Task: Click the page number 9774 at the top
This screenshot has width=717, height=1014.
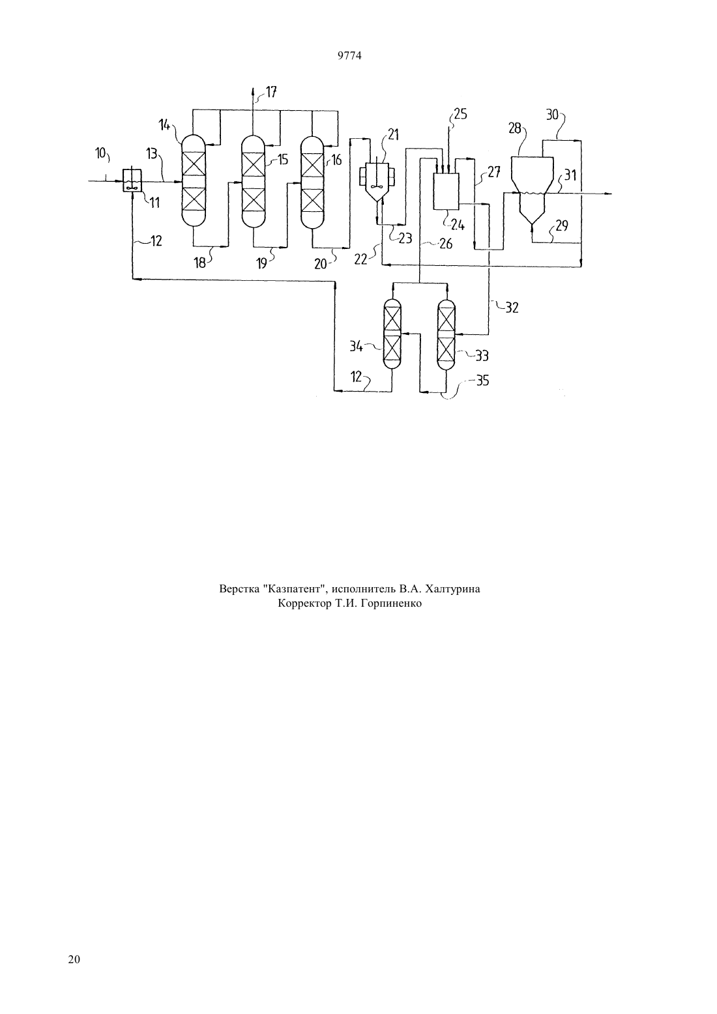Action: tap(349, 55)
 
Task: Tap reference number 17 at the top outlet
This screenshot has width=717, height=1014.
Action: tap(271, 92)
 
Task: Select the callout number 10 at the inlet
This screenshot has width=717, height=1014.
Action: tap(100, 153)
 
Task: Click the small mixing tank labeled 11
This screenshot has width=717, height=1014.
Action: tap(132, 181)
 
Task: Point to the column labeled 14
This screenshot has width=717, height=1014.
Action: tap(194, 180)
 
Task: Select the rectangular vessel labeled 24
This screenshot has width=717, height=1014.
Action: tap(446, 192)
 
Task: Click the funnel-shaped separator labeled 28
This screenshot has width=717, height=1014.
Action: tap(532, 191)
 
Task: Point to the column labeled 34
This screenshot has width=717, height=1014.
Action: tap(392, 334)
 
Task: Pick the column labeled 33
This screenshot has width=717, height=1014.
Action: tap(446, 334)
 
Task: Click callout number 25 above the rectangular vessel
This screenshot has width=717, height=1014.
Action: tap(460, 114)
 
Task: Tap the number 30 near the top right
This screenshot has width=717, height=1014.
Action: tap(552, 115)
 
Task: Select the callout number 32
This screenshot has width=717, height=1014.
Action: tap(512, 308)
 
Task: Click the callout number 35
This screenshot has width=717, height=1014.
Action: tap(482, 381)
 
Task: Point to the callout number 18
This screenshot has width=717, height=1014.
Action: tap(199, 263)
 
